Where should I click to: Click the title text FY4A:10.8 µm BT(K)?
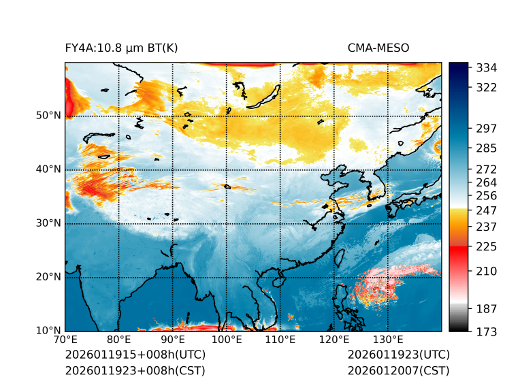[121, 48]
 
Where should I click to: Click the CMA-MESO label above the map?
[378, 48]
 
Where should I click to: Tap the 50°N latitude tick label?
[48, 116]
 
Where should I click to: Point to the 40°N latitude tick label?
[48, 169]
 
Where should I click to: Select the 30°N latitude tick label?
[48, 223]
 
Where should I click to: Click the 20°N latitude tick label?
[48, 277]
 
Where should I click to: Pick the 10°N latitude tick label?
[48, 331]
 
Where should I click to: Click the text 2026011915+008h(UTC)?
[135, 355]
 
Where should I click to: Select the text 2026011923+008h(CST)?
[135, 370]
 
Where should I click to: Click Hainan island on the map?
[278, 282]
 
